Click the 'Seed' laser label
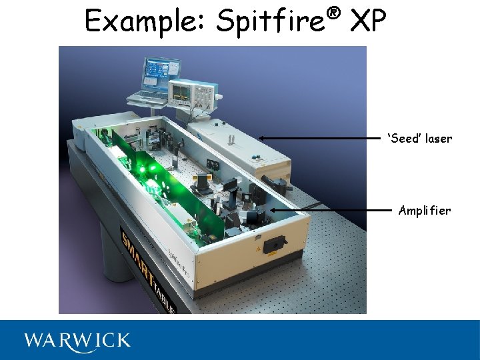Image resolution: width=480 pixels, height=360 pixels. coord(419,139)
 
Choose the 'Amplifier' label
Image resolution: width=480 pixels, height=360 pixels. coord(425,211)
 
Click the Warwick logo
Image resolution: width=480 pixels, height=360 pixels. coord(77,341)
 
